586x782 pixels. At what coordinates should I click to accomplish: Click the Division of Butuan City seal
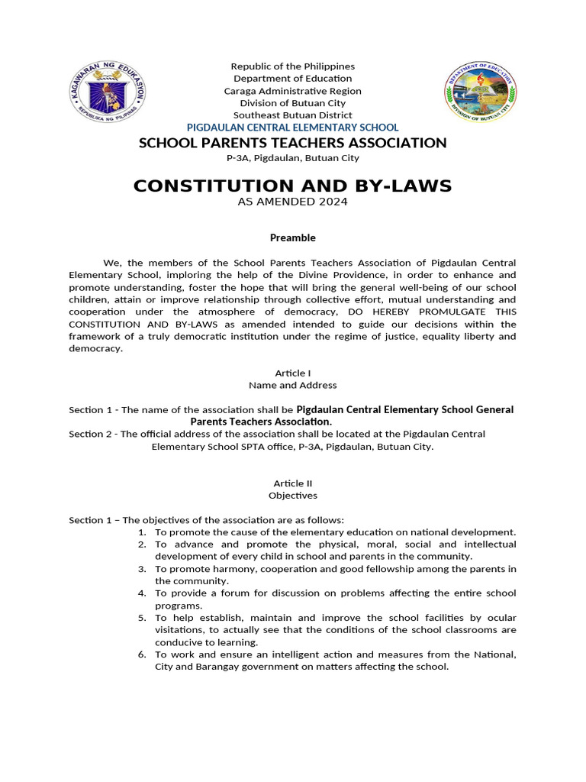point(479,94)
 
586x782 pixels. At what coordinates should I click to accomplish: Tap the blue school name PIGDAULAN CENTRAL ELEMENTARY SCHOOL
point(293,128)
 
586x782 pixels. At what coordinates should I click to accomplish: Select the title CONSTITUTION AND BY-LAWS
point(293,186)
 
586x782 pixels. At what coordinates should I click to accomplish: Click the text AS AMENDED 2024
point(293,202)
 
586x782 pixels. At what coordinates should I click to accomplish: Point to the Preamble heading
point(293,238)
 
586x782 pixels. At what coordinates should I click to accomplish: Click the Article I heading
point(293,373)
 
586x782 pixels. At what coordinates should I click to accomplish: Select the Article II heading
point(293,483)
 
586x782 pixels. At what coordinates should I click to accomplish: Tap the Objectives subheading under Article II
point(293,496)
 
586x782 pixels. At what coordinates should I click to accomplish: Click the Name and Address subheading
point(293,385)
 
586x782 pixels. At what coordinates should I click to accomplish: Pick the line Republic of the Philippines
point(293,66)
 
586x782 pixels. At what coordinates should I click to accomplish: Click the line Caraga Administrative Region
point(293,91)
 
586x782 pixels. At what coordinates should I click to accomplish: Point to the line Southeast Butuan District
point(293,115)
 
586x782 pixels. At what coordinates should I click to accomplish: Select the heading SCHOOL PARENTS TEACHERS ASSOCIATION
point(293,143)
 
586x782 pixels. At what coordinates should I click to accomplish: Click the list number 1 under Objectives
point(142,532)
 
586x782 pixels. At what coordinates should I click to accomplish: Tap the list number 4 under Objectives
point(142,593)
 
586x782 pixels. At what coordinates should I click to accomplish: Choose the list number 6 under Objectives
point(142,654)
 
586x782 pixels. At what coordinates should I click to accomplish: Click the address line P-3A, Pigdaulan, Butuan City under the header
point(293,158)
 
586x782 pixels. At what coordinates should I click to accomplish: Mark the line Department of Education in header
point(293,79)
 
